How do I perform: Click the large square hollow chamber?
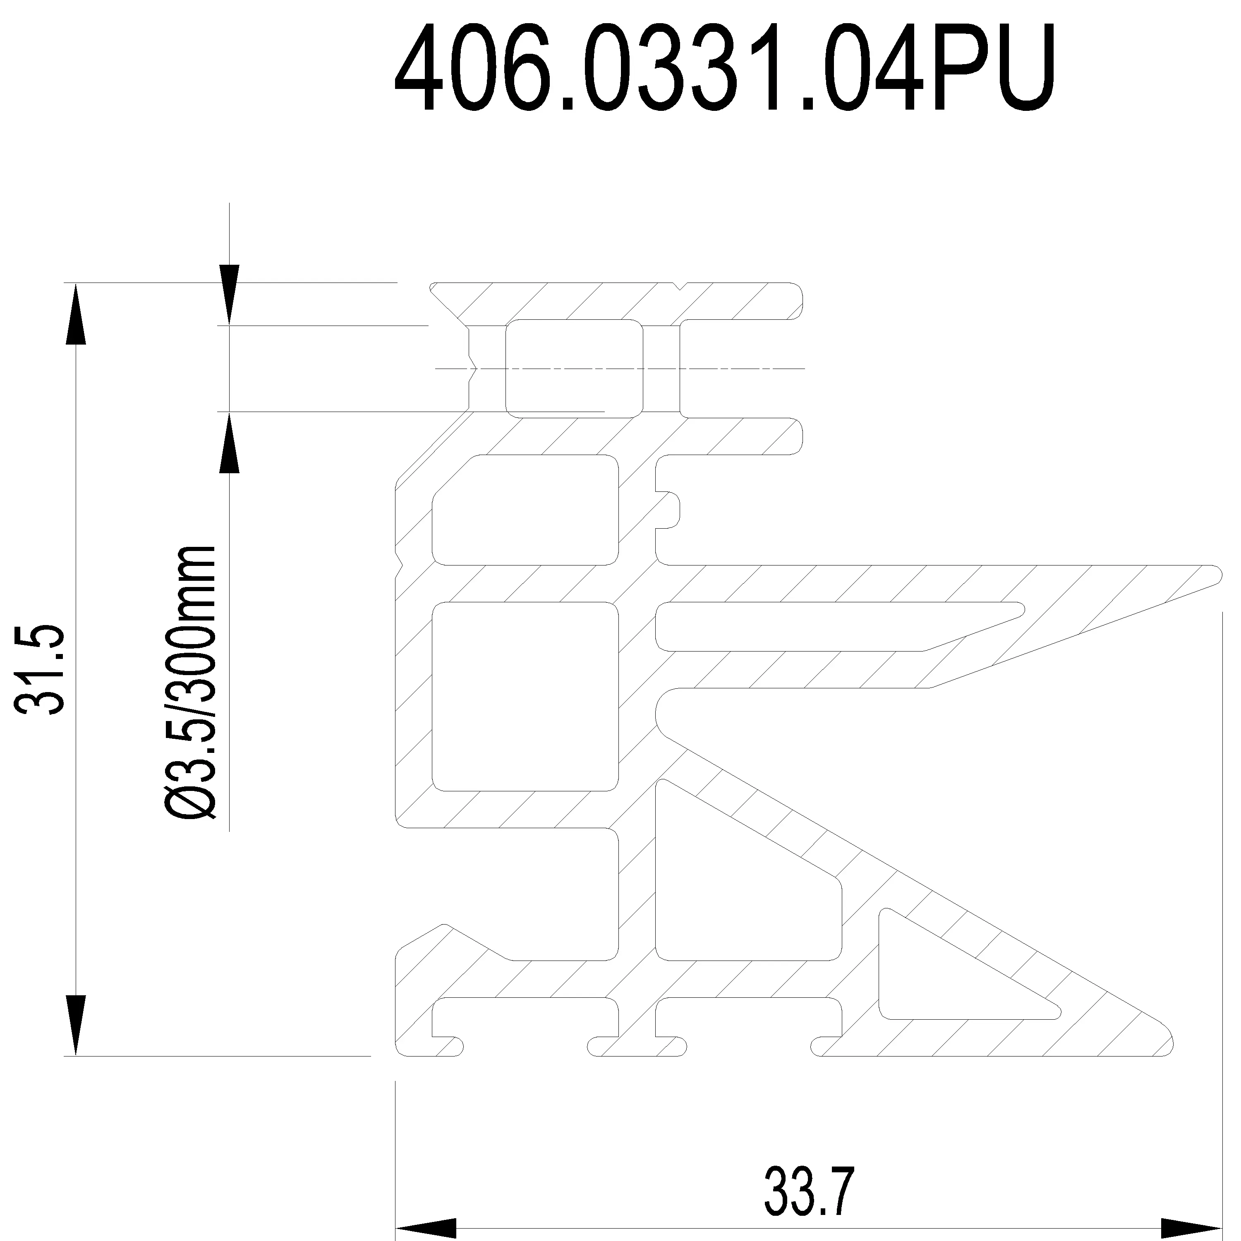[x=525, y=697]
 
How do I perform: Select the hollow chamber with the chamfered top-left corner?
[x=525, y=510]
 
